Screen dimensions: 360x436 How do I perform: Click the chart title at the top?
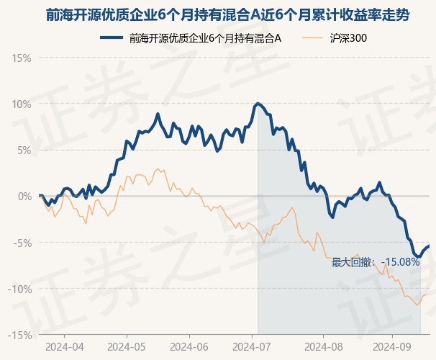218,14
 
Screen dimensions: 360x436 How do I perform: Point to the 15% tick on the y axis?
22,57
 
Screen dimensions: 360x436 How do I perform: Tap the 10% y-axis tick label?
22,104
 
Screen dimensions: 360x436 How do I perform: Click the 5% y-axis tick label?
24,150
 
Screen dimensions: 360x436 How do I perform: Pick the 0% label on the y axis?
24,196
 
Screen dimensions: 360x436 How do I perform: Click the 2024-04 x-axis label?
63,347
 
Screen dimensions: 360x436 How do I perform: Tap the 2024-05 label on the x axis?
127,347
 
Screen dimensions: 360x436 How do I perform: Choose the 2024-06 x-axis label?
189,347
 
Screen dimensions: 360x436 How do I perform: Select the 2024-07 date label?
253,347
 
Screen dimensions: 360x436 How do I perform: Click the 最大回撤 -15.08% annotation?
376,262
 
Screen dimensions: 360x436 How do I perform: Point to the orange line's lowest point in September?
417,305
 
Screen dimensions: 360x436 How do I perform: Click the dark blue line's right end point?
430,246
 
